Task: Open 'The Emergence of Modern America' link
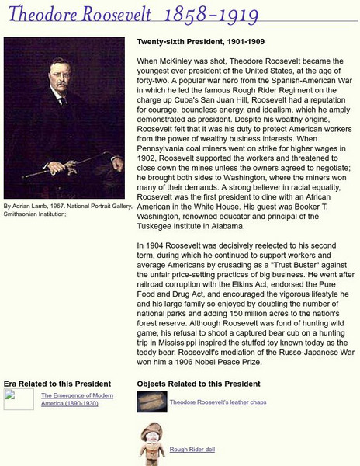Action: click(x=77, y=400)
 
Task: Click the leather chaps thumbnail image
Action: click(x=150, y=401)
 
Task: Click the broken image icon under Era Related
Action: click(x=18, y=398)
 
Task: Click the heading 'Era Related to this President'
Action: click(x=57, y=383)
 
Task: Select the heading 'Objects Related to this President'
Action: click(x=198, y=383)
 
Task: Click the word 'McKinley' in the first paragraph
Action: click(x=176, y=60)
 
